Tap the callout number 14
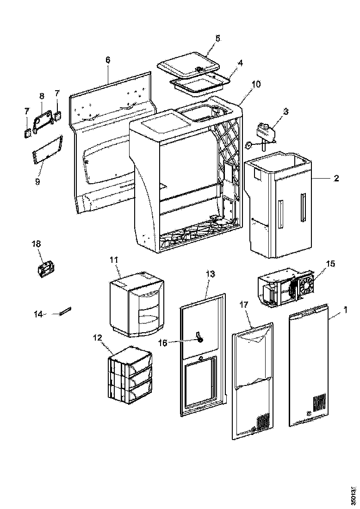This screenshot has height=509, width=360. click(x=39, y=314)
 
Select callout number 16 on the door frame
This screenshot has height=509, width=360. click(x=188, y=342)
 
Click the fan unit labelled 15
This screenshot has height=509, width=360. click(x=286, y=289)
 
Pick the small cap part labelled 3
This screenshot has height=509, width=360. click(x=266, y=130)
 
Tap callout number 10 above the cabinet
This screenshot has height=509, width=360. click(x=256, y=84)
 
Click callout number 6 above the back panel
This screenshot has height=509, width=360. click(x=108, y=60)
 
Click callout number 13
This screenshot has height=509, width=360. click(x=210, y=274)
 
